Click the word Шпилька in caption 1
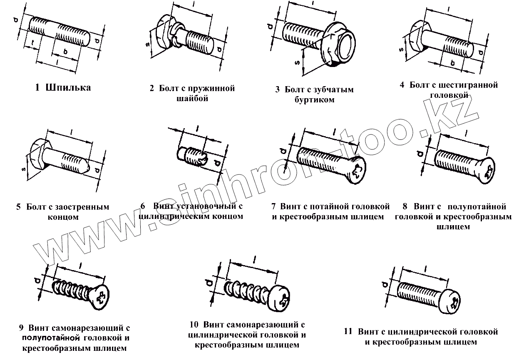[x=69, y=88]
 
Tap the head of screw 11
[x=452, y=300]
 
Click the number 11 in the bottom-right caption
[x=349, y=332]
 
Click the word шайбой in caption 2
[x=192, y=99]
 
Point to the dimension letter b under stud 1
[x=65, y=50]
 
